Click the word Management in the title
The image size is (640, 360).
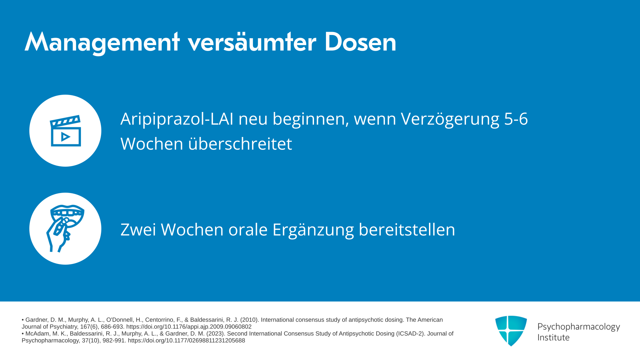click(102, 42)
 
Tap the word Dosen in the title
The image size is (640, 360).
click(360, 42)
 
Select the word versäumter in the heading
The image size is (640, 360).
click(252, 42)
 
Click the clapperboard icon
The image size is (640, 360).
click(66, 131)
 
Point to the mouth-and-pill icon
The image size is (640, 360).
click(65, 229)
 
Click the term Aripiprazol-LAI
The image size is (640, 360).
click(177, 119)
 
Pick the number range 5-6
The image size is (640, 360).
click(516, 119)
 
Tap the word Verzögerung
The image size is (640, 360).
click(450, 119)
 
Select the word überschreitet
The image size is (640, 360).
click(240, 144)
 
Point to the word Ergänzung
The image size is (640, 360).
click(313, 230)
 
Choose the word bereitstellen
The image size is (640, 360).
click(407, 230)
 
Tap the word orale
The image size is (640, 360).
click(248, 230)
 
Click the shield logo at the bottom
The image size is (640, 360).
click(511, 331)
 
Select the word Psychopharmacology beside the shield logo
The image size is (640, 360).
click(579, 327)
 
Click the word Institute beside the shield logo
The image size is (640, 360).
click(553, 338)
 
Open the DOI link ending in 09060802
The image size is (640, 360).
click(189, 327)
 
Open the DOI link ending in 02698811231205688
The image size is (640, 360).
click(186, 341)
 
